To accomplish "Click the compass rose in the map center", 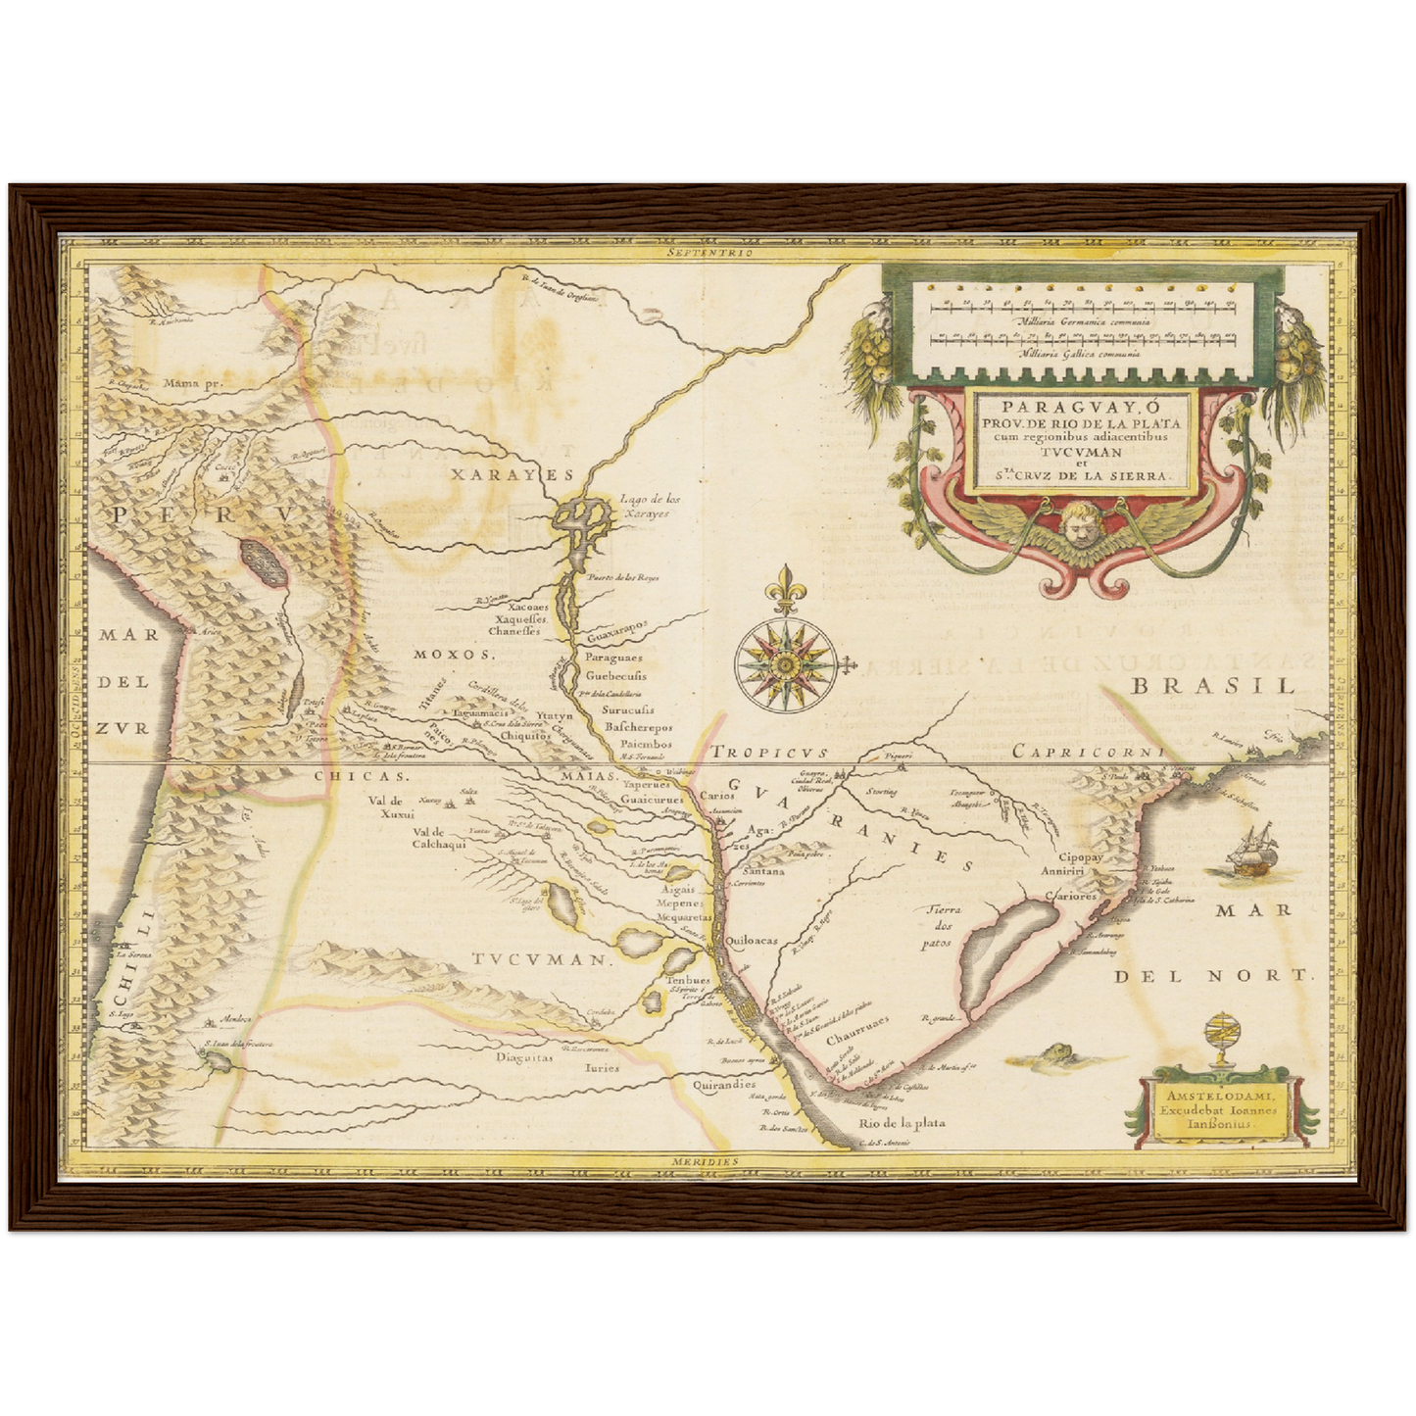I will tap(784, 663).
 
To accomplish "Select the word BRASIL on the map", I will tap(1213, 686).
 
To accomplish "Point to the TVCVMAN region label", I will tap(539, 959).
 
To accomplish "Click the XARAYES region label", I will tap(497, 474).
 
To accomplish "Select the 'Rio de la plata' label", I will tap(902, 1123).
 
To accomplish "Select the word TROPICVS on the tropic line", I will tap(769, 753).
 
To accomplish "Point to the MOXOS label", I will tap(450, 654).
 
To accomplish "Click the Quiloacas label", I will tap(753, 940).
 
